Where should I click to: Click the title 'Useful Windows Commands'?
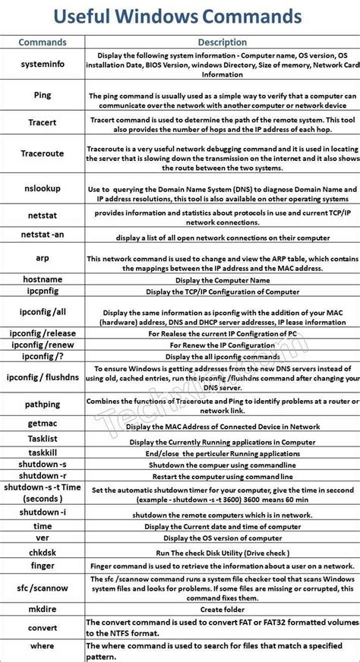click(x=180, y=16)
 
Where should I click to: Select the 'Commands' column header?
click(x=42, y=43)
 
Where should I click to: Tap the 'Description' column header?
click(x=221, y=43)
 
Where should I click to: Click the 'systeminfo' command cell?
click(x=42, y=65)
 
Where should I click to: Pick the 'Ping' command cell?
click(x=43, y=95)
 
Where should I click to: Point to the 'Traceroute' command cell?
click(x=43, y=153)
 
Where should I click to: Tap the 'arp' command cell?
click(x=43, y=258)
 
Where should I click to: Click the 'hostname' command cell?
click(x=43, y=279)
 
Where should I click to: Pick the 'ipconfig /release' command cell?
click(x=43, y=333)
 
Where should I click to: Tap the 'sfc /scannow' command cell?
click(x=43, y=587)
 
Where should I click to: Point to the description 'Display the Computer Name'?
click(x=221, y=279)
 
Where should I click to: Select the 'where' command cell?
click(x=43, y=646)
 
